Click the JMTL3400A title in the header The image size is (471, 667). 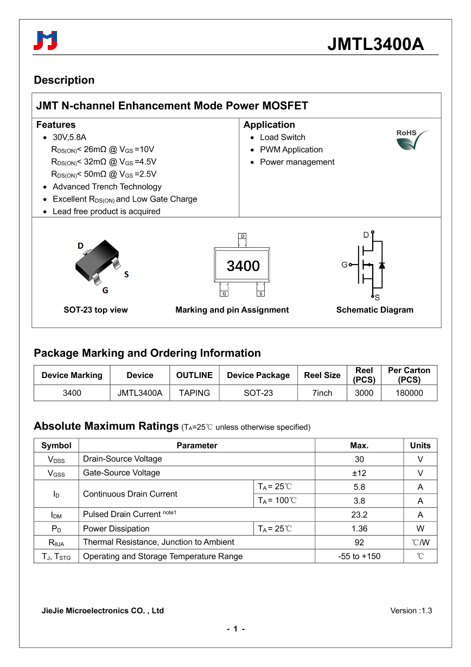pyautogui.click(x=375, y=44)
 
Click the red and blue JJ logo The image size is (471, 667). pyautogui.click(x=46, y=41)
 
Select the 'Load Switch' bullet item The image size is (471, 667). pyautogui.click(x=282, y=137)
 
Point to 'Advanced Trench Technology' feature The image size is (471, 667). pyautogui.click(x=107, y=187)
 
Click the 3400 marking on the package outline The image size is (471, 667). pyautogui.click(x=243, y=266)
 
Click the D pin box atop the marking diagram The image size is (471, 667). pyautogui.click(x=243, y=236)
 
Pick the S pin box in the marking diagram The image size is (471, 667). pyautogui.click(x=260, y=293)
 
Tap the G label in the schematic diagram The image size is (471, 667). pyautogui.click(x=344, y=265)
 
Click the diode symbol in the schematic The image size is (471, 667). pyautogui.click(x=382, y=265)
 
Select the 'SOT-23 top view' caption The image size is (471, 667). pyautogui.click(x=96, y=310)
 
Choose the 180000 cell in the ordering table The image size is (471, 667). pyautogui.click(x=409, y=393)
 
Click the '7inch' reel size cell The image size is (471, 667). pyautogui.click(x=322, y=393)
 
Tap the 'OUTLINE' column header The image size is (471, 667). pyautogui.click(x=194, y=375)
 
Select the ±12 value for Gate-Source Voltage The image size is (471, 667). pyautogui.click(x=359, y=473)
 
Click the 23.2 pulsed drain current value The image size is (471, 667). pyautogui.click(x=359, y=515)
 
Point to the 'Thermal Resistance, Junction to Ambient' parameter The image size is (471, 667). pyautogui.click(x=158, y=542)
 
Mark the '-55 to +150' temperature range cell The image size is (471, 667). pyautogui.click(x=359, y=556)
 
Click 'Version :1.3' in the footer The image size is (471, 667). pyautogui.click(x=411, y=611)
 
